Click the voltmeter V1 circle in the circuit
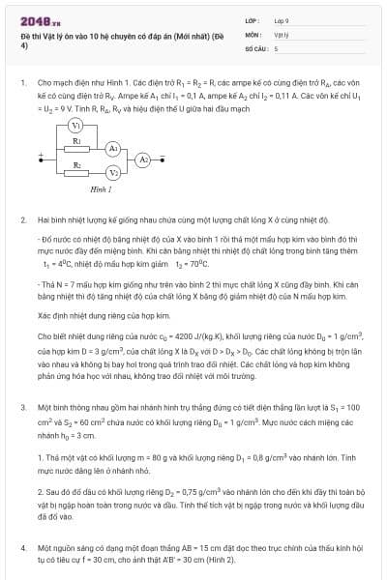tap(75, 126)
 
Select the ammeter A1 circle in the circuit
tap(112, 148)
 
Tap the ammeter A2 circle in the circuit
tap(143, 159)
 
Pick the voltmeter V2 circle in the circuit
tap(113, 173)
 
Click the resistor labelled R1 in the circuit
tap(76, 148)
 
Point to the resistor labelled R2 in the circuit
tap(76, 173)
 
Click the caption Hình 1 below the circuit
tap(101, 190)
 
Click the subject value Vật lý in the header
tap(282, 34)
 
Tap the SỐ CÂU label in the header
tap(254, 47)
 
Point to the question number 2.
tap(22, 220)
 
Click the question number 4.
tap(22, 548)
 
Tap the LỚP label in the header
tap(252, 19)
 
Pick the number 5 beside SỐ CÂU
tap(277, 47)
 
